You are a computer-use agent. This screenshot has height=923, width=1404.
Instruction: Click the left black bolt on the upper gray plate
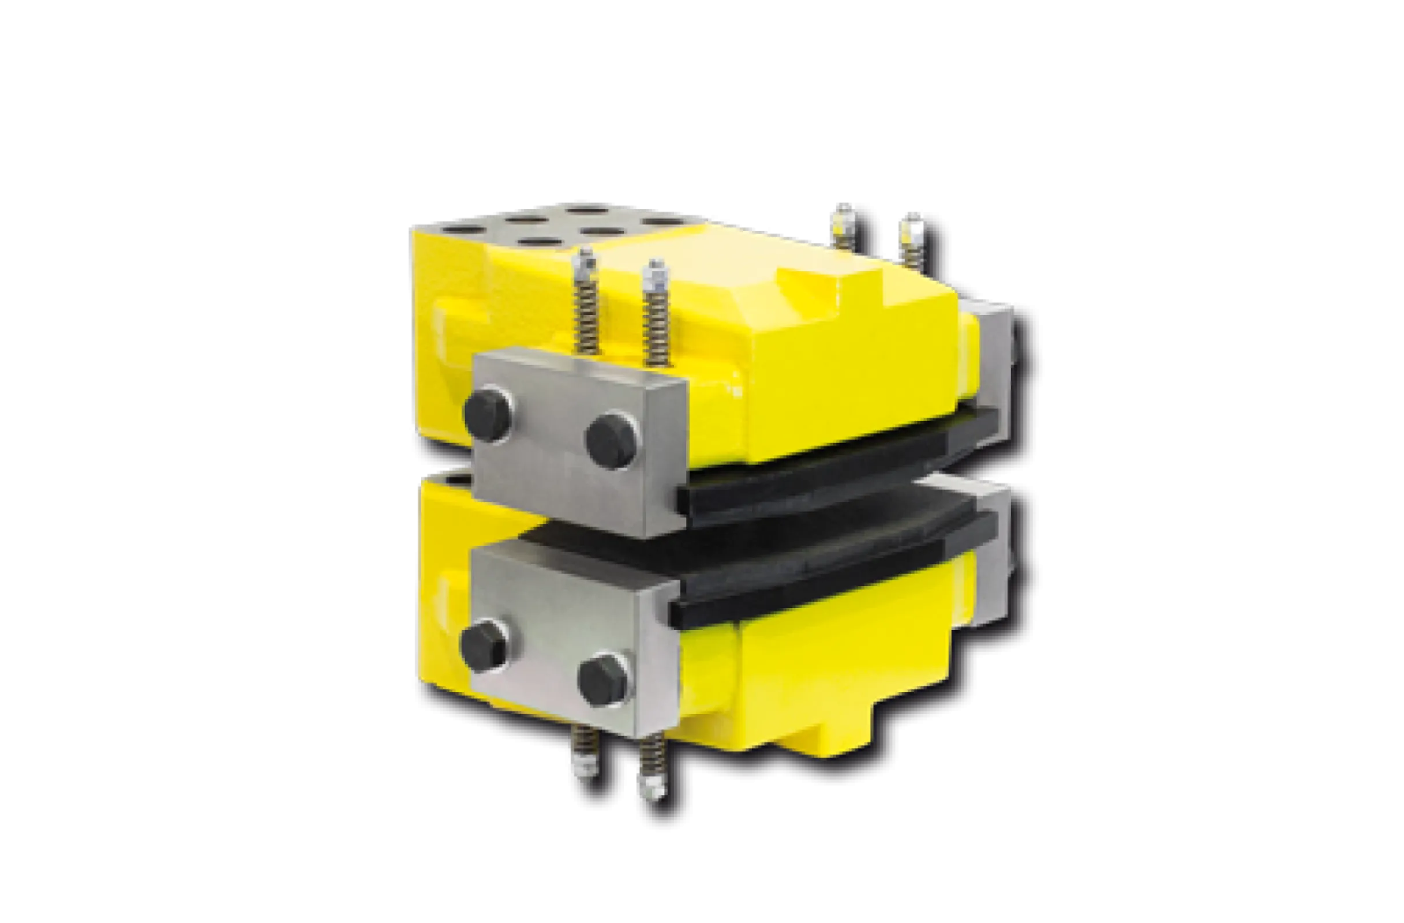point(487,412)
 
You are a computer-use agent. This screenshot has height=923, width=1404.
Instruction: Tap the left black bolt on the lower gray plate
point(484,644)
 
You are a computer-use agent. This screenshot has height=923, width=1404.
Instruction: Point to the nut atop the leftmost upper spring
point(586,260)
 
